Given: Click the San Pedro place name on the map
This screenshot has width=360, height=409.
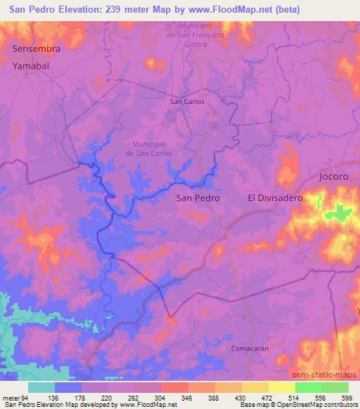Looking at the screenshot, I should pos(198,199).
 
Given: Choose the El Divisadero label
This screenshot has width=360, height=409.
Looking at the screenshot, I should pos(275,199).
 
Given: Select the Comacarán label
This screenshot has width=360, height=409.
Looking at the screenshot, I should pos(250,348).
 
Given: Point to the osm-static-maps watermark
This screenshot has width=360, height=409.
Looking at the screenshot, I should pos(330,375).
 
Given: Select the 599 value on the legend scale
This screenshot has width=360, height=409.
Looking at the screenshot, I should pos(347,397).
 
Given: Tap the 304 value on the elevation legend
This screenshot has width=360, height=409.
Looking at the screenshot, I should pos(161,397).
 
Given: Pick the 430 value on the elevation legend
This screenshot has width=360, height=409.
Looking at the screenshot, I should pos(241,397).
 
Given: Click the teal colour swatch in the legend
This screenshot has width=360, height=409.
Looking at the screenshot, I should pos(41,387).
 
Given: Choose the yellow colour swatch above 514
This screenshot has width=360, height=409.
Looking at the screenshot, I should pos(282,387).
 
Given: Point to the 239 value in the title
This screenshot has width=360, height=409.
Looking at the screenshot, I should pos(124,10).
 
